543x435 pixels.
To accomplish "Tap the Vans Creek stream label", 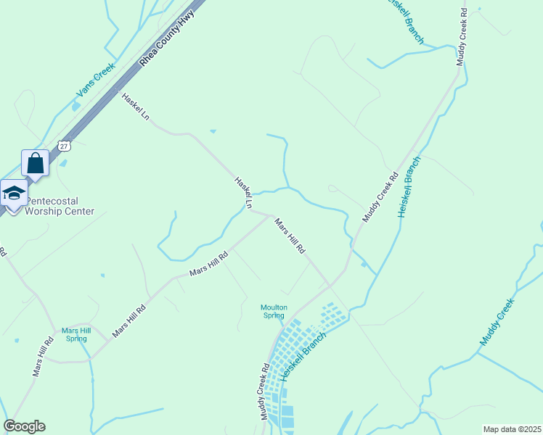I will (96, 80).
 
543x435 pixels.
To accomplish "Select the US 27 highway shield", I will (65, 146).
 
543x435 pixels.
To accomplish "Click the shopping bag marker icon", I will (36, 163).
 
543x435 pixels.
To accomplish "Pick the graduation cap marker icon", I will (13, 193).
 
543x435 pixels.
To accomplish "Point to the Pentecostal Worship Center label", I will (60, 206).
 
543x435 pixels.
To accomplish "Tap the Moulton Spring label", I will (274, 311).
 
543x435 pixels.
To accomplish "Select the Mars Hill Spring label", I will (76, 334).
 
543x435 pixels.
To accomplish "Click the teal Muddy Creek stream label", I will (497, 321).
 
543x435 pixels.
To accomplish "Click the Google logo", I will (24, 426).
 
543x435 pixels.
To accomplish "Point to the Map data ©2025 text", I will (512, 429).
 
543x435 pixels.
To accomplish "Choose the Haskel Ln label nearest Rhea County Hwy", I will (136, 107).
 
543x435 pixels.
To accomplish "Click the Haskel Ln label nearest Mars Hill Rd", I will (242, 193).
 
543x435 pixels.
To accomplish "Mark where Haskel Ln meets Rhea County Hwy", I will (115, 89).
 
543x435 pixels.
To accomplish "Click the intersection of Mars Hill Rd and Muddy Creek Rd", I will (329, 284).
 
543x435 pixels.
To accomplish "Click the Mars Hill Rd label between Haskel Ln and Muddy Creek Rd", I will (289, 236).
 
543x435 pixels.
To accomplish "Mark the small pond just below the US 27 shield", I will (64, 162).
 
